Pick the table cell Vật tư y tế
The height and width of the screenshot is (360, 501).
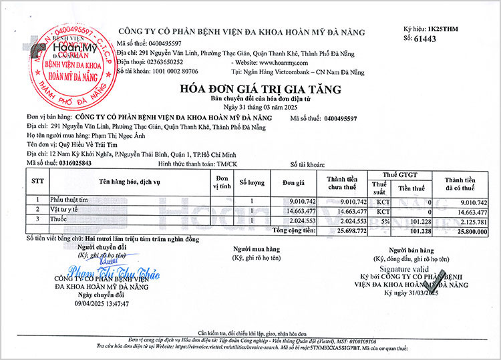pos(65,210)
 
